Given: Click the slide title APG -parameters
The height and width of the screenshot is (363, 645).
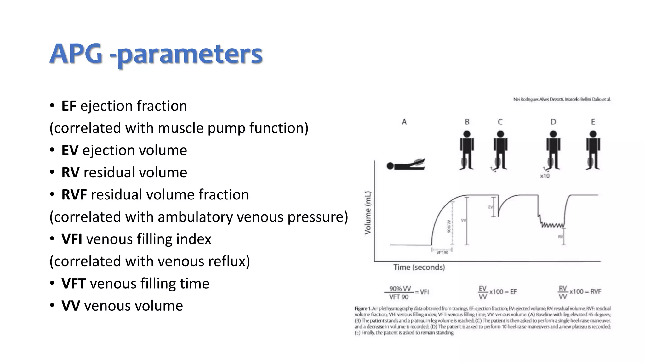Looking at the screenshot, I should click(156, 54).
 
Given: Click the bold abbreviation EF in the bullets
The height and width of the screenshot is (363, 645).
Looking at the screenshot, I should click(69, 106).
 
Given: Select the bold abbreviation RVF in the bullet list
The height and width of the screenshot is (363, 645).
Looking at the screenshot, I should click(74, 195).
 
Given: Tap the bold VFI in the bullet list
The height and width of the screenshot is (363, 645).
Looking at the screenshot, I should click(72, 239).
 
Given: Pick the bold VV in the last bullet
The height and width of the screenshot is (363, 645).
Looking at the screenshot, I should click(71, 306).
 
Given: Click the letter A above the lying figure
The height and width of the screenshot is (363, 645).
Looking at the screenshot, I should click(404, 122).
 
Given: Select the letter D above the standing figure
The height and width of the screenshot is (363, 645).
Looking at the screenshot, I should click(553, 122).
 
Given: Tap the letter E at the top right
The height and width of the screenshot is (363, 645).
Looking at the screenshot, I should click(593, 122).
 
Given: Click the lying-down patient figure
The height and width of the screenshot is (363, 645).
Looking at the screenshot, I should click(406, 164).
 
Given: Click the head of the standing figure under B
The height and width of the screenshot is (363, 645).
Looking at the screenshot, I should click(467, 134).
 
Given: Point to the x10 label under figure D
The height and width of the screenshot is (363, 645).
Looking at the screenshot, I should click(545, 176).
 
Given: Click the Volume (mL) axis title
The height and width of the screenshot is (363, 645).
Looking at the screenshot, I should click(368, 213).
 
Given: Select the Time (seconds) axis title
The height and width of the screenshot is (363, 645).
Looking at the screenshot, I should click(419, 268).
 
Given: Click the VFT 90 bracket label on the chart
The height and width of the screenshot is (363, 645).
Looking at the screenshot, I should click(442, 252).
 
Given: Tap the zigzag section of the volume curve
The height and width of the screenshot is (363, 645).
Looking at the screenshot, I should click(552, 225).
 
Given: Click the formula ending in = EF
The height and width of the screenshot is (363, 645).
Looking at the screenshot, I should click(497, 292).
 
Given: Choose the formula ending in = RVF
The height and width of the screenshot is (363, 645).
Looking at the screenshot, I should click(579, 292).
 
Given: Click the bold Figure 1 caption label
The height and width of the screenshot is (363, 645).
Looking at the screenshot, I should click(361, 308).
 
